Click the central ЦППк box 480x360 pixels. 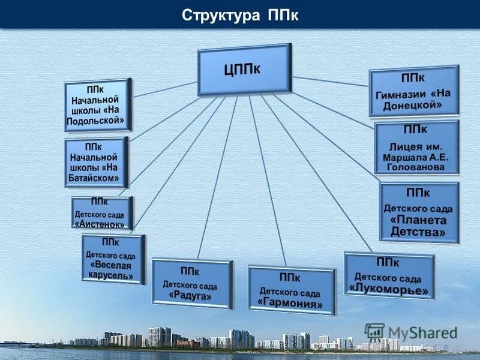pos(244,70)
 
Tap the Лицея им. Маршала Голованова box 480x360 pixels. pos(416,148)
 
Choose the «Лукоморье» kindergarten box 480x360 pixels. pos(389,276)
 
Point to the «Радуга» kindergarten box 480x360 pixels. pos(192,283)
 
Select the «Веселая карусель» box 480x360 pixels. pos(113,259)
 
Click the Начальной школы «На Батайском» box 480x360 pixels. pos(97,162)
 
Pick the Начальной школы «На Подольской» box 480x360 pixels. pos(98,104)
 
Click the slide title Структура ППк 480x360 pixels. pos(240,15)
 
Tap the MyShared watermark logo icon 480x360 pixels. pos(374,332)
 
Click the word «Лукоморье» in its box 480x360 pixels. pos(389,289)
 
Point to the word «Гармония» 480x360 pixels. pos(291,304)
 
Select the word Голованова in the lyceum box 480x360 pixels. pos(416,166)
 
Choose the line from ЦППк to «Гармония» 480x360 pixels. pos(267,180)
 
